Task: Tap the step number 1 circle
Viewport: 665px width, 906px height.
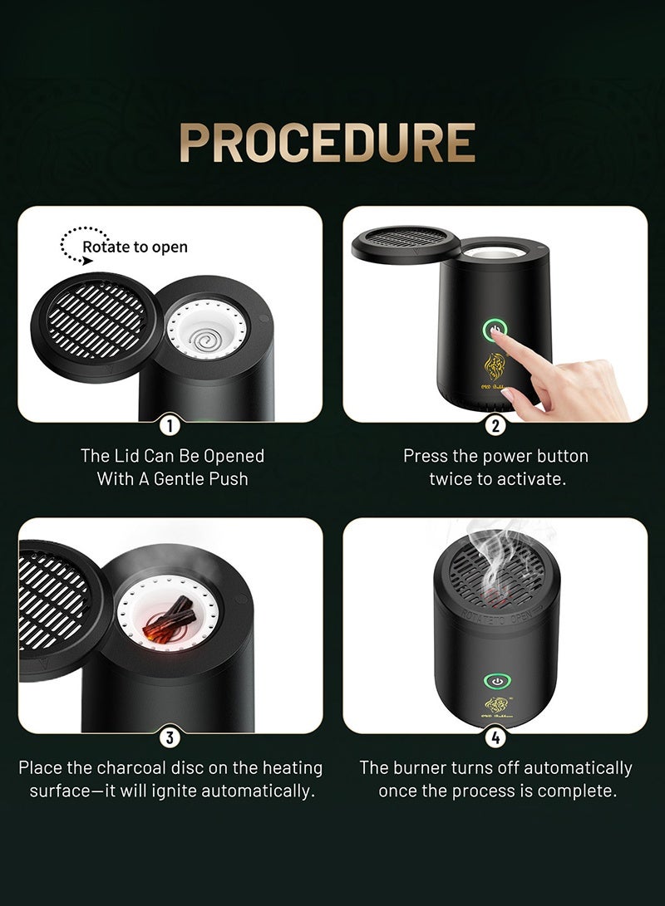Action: [x=170, y=425]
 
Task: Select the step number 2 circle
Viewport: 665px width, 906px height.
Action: [x=495, y=425]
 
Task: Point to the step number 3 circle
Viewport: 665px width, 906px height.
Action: [x=170, y=737]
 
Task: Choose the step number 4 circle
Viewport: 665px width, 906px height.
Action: [x=495, y=737]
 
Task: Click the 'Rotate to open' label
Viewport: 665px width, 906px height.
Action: [x=135, y=247]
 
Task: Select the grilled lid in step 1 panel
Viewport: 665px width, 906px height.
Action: [x=95, y=319]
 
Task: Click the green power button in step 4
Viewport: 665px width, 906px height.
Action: [x=496, y=682]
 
